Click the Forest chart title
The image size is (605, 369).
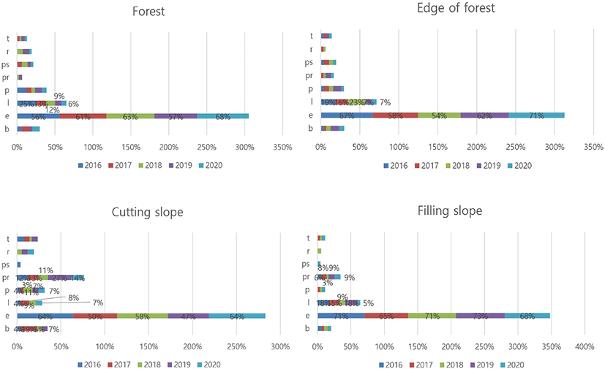(149, 12)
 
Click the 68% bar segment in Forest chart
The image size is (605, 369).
(222, 115)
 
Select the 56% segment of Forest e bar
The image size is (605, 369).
(37, 115)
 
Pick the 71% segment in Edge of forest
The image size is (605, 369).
(536, 115)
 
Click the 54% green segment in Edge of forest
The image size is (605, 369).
(439, 115)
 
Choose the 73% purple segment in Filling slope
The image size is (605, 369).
(481, 316)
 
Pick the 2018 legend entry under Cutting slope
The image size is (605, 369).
(150, 365)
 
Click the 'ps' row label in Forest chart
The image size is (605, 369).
(7, 64)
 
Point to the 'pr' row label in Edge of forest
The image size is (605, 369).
(310, 76)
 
